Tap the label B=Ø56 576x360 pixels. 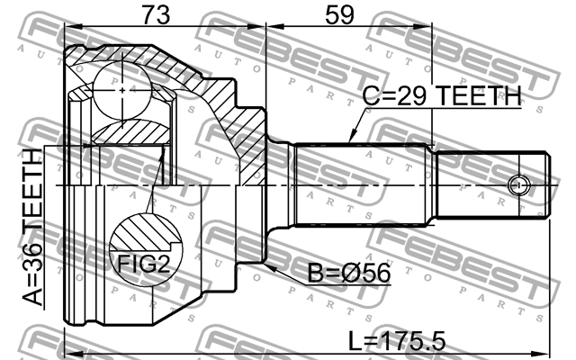pyautogui.click(x=344, y=273)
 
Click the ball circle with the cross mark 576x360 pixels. pyautogui.click(x=122, y=89)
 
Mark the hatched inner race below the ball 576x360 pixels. pyautogui.click(x=125, y=133)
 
